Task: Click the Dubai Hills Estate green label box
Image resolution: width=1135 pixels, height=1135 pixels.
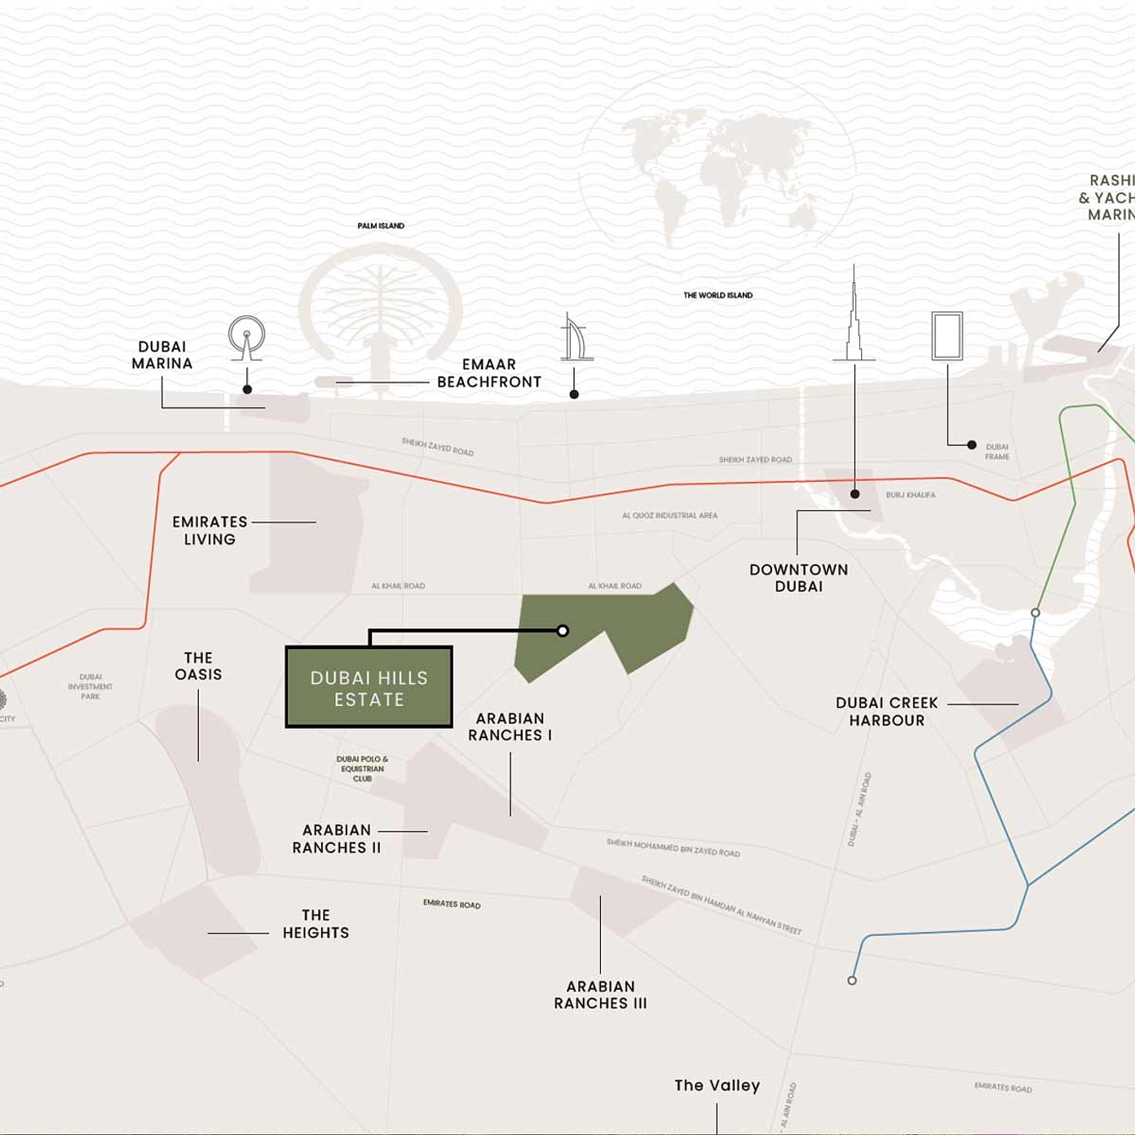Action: point(369,687)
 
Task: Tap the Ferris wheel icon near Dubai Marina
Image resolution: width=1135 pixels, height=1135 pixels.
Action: point(246,336)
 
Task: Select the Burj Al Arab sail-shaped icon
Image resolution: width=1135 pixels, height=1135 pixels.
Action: point(576,338)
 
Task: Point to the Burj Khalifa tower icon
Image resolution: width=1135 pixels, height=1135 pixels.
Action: point(854,318)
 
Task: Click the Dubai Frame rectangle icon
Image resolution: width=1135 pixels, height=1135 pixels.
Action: point(947,335)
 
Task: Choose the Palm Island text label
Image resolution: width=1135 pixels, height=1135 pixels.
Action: point(381,226)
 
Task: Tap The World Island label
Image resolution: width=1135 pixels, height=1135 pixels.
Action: point(718,295)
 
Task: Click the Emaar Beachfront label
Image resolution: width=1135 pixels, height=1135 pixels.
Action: point(488,373)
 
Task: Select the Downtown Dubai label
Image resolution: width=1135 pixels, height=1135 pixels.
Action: point(798,578)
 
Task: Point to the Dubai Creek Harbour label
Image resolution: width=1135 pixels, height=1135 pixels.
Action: point(886,712)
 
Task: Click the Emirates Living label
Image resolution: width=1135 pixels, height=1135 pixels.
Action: point(210,531)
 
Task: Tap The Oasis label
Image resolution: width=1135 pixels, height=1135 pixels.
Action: point(198,666)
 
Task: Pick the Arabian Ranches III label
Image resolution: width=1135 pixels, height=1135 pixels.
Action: point(600,995)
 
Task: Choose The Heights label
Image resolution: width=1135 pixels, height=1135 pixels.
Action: point(316,924)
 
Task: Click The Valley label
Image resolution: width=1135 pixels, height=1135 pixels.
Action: point(717,1085)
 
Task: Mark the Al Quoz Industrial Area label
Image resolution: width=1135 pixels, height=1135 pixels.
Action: point(669,515)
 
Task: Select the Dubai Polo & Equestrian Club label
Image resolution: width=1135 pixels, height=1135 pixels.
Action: point(362,769)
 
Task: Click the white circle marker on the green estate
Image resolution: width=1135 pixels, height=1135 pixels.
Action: point(563,630)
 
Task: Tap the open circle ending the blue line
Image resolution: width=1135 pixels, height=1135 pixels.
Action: point(852,980)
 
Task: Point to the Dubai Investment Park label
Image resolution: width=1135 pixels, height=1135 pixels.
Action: point(91,687)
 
